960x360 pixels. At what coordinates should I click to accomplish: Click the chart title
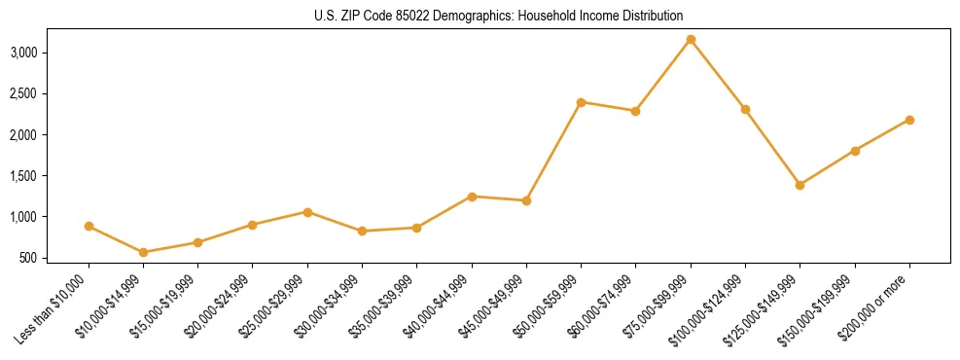499,16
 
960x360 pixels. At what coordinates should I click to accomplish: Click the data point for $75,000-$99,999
691,39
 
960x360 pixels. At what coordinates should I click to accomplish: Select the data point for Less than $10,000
89,226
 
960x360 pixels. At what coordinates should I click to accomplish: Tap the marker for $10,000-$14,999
144,252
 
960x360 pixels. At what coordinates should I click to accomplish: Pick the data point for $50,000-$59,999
581,102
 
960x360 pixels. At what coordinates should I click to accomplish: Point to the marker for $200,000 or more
909,120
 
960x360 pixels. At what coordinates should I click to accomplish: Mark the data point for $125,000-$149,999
800,185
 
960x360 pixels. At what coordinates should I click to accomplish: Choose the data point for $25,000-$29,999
307,212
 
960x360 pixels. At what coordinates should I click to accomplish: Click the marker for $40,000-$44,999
472,197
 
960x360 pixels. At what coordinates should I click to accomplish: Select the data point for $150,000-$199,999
855,151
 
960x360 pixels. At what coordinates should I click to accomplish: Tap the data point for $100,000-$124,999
745,109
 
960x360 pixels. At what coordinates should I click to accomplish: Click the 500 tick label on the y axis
29,258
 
